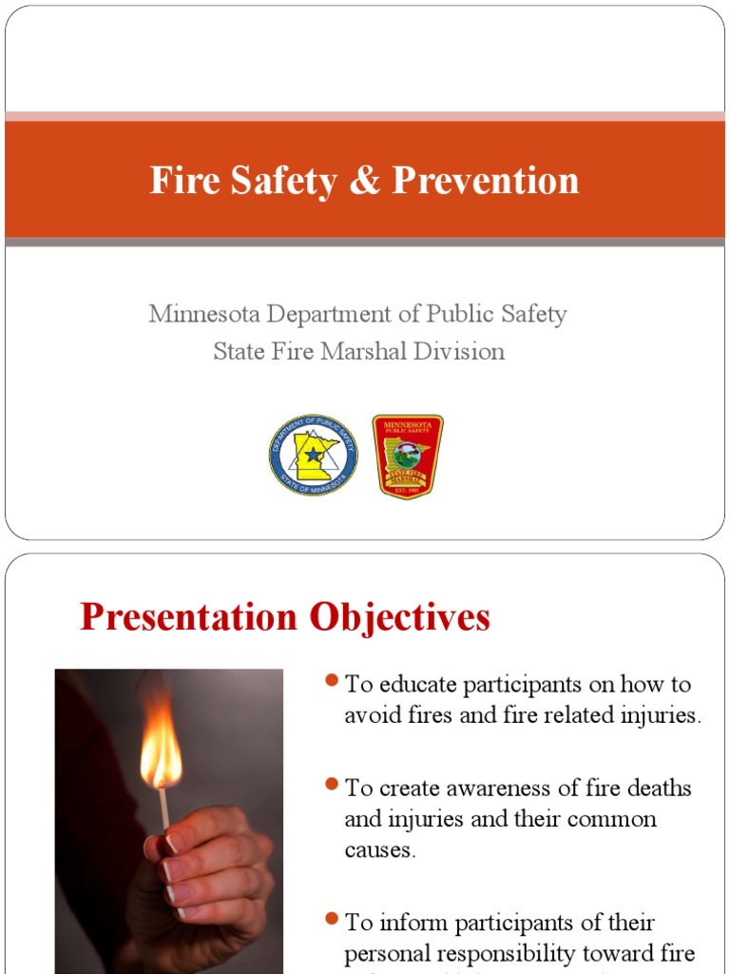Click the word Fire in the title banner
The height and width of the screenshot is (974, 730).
pos(182,180)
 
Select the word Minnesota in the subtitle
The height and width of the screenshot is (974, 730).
pos(203,314)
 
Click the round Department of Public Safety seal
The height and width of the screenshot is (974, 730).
pos(313,455)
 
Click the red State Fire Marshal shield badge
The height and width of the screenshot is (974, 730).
pos(407,456)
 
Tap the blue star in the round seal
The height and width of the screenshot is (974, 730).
pos(313,454)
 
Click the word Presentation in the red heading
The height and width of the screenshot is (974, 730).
pos(189,617)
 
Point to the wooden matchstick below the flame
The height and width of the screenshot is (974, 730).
pos(164,808)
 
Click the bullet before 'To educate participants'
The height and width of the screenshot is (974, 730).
pos(332,680)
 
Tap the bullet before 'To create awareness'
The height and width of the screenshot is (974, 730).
pos(332,784)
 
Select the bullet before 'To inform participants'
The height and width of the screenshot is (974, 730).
pos(332,918)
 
